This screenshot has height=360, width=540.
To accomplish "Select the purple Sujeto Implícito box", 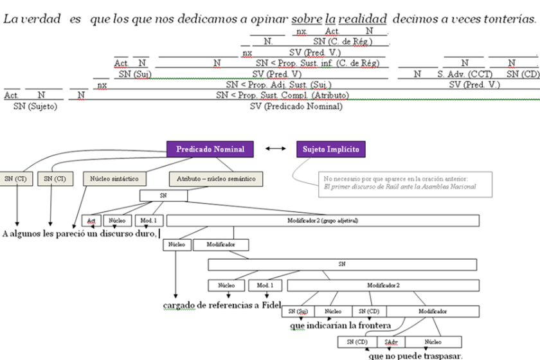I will (331, 149).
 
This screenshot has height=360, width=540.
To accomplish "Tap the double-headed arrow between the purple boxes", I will (275, 149).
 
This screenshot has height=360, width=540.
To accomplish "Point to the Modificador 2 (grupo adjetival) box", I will (323, 221).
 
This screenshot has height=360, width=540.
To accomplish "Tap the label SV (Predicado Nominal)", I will (296, 106).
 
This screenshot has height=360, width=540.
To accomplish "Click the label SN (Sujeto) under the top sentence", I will (35, 106).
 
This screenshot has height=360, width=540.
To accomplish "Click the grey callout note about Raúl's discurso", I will (405, 182).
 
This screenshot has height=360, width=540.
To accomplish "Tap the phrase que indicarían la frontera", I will (340, 325).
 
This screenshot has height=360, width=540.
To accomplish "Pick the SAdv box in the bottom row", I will (390, 342).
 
